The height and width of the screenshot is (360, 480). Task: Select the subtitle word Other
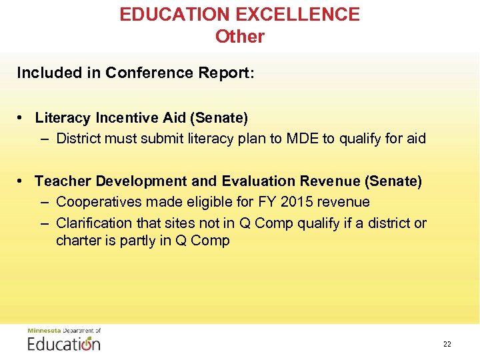coord(240,37)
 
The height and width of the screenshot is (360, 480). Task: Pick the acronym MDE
coord(304,139)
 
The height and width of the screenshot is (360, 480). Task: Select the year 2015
coord(320,201)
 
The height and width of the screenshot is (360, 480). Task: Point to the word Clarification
coord(95,223)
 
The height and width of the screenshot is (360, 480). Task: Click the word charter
coord(77,241)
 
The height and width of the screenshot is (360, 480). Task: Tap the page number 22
coord(447,344)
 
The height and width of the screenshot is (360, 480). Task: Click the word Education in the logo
coord(64,343)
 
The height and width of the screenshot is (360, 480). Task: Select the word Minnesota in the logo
coord(43,331)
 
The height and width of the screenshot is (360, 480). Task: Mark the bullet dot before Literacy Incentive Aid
coord(22,118)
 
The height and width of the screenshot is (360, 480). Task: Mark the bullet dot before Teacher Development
coord(22,181)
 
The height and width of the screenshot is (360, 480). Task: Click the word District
coord(79,139)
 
